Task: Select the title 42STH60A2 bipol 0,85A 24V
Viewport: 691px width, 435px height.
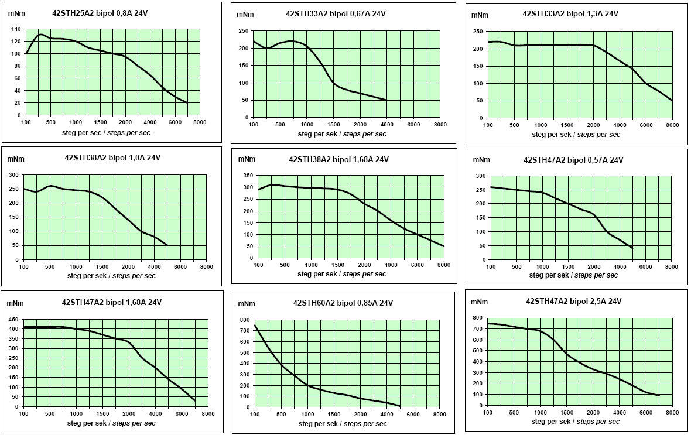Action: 343,303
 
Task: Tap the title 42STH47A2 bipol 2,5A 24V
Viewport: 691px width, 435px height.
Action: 573,301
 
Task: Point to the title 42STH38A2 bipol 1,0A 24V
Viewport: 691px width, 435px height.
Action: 112,157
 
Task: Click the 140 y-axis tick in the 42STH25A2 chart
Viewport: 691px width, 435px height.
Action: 16,29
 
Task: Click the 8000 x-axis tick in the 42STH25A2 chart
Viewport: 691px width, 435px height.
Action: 200,122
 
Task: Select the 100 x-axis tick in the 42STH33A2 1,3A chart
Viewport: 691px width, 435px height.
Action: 487,125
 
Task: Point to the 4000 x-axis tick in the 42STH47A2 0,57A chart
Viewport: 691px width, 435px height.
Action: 620,267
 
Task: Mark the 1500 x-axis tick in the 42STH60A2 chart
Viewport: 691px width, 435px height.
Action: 334,415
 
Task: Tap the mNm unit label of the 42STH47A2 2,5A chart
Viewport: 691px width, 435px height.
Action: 479,302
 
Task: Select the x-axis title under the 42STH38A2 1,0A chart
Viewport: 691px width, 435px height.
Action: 111,275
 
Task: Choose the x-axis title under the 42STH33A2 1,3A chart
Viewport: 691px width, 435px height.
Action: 576,135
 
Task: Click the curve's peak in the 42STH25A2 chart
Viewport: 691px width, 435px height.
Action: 40,35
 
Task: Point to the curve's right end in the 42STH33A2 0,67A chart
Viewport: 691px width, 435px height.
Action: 386,100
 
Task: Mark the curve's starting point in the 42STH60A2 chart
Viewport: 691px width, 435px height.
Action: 254,324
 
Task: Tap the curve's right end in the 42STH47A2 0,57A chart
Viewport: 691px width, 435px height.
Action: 632,248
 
